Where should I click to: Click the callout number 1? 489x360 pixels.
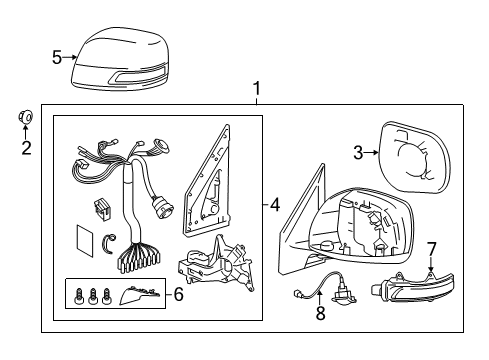[x=256, y=89]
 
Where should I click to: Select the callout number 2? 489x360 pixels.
[x=26, y=148]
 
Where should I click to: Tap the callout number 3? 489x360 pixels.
[x=358, y=153]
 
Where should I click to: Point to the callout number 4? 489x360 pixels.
[x=274, y=204]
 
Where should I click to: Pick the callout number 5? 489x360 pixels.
[x=57, y=57]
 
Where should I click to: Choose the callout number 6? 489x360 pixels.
[x=179, y=294]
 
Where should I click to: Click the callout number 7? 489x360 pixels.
[x=431, y=249]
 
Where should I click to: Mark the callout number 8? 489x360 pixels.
[x=320, y=313]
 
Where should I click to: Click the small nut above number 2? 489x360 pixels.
[x=26, y=116]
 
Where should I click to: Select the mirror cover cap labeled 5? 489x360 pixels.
[x=121, y=60]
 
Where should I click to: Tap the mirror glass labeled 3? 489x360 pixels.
[x=415, y=157]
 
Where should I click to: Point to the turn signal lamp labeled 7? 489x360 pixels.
[x=412, y=287]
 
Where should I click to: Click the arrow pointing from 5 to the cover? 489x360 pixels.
[x=70, y=57]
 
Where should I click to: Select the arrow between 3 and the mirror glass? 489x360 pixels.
[x=371, y=153]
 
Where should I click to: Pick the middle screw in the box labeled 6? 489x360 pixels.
[x=93, y=296]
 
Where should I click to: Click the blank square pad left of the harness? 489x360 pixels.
[x=85, y=241]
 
